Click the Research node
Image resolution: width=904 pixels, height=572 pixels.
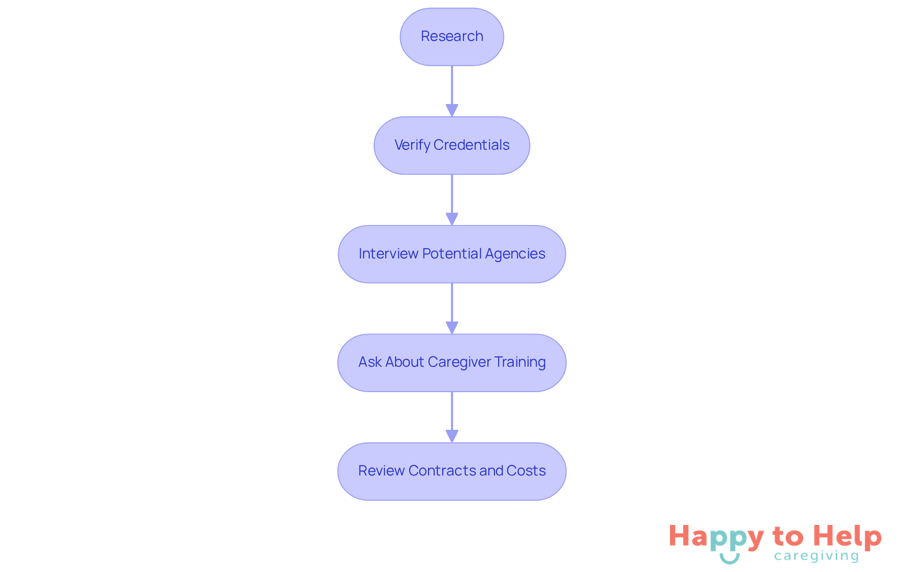tap(452, 37)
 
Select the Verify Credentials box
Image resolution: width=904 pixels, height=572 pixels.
tap(452, 145)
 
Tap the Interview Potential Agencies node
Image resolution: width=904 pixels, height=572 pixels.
tap(452, 254)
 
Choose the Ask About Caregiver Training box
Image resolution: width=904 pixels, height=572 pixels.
tap(452, 363)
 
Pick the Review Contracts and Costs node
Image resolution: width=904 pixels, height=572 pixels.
tap(452, 471)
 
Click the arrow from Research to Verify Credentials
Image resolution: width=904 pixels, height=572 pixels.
tap(452, 91)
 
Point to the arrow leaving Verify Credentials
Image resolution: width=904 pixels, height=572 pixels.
tap(452, 200)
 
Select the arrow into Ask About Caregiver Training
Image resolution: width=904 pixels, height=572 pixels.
tap(452, 308)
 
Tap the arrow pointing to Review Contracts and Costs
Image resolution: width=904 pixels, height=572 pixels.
tap(452, 417)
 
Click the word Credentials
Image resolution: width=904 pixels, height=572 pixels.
tap(471, 145)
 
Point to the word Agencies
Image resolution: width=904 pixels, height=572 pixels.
tap(515, 254)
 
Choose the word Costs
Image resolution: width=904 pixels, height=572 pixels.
tap(526, 471)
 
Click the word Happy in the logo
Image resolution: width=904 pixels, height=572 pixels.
tap(716, 537)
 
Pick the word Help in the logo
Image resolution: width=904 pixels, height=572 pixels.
tap(847, 536)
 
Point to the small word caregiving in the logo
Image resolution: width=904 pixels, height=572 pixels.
tap(816, 556)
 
